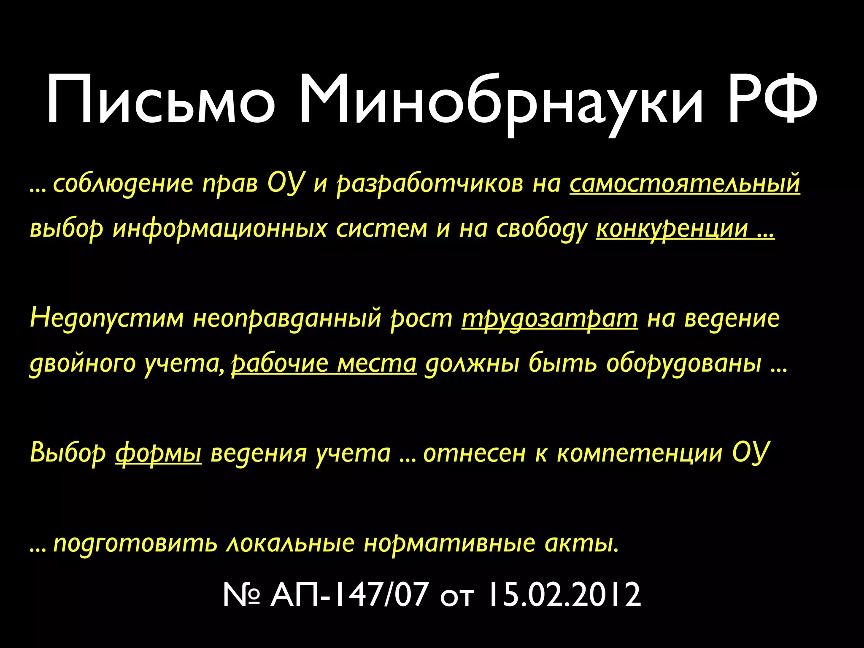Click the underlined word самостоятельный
pyautogui.click(x=685, y=184)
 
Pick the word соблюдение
pyautogui.click(x=123, y=184)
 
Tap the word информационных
pyautogui.click(x=220, y=229)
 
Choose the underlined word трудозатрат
pyautogui.click(x=550, y=319)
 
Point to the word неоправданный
pyautogui.click(x=287, y=319)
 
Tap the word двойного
pyautogui.click(x=82, y=363)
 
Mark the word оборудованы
pyautogui.click(x=684, y=363)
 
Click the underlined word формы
pyautogui.click(x=158, y=453)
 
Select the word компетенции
pyautogui.click(x=640, y=453)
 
